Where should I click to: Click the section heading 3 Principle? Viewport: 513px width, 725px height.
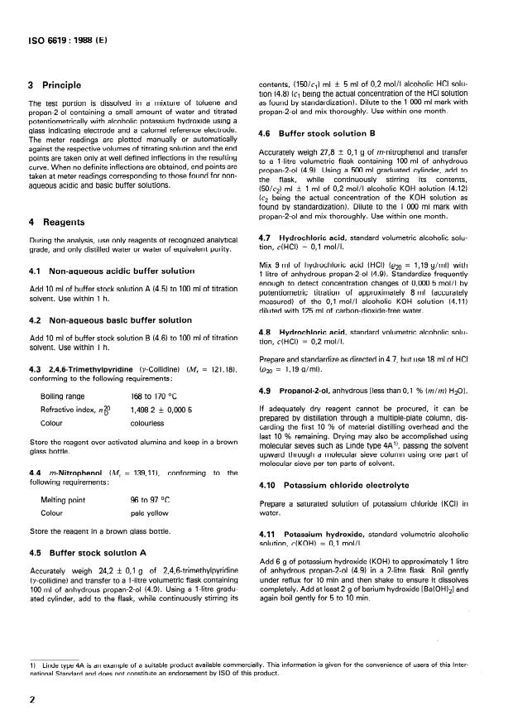(x=57, y=84)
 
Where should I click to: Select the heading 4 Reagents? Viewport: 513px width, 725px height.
(x=55, y=222)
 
